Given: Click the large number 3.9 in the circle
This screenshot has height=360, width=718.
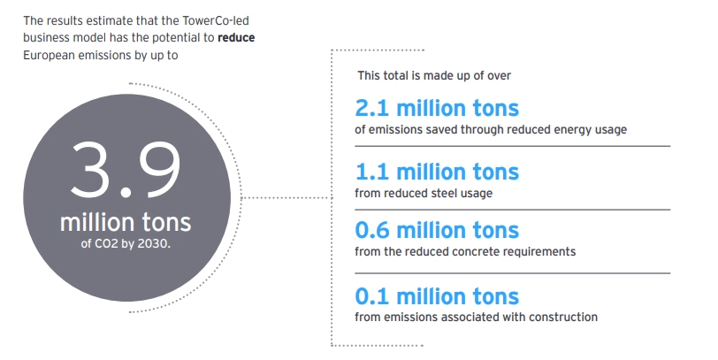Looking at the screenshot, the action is (125, 170).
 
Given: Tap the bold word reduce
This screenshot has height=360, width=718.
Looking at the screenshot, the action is (236, 37).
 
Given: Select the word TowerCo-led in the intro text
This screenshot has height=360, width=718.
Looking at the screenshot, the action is (216, 20).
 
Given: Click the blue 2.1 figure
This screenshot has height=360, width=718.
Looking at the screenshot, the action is (371, 109).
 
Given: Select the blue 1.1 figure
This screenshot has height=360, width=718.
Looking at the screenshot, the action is (371, 172).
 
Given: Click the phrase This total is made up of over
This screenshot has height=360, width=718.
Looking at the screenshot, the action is (434, 75).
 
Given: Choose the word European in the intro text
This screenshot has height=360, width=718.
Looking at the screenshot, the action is (49, 56).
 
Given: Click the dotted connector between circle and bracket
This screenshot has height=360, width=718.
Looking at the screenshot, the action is (287, 198).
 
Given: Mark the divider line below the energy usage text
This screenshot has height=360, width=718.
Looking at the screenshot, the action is (512, 146).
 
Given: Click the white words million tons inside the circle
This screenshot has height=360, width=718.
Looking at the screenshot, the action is (126, 222).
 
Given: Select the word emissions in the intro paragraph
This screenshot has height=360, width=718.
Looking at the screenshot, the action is (102, 56).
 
